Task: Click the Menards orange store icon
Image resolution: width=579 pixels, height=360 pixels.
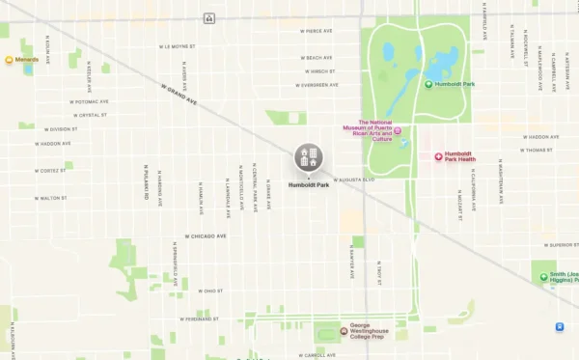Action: pyautogui.click(x=10, y=60)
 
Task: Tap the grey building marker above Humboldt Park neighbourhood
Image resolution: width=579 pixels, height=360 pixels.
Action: pyautogui.click(x=309, y=156)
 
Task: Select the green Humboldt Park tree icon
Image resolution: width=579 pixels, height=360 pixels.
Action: pyautogui.click(x=429, y=84)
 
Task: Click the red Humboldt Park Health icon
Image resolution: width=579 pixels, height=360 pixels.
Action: pyautogui.click(x=437, y=156)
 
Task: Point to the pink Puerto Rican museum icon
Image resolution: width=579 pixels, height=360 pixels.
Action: pyautogui.click(x=398, y=131)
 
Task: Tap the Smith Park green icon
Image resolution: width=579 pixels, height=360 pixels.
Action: pyautogui.click(x=543, y=278)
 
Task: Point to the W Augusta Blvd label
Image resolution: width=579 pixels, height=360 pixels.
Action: pyautogui.click(x=353, y=180)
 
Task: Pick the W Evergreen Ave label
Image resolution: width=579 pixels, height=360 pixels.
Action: pyautogui.click(x=317, y=85)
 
